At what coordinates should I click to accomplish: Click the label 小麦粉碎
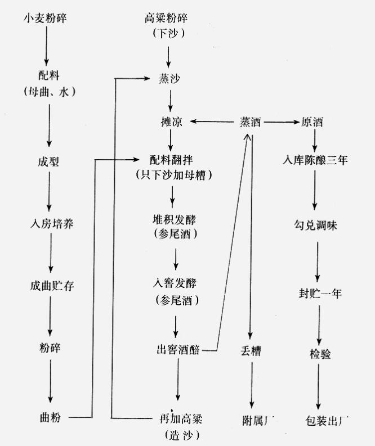(x=44, y=18)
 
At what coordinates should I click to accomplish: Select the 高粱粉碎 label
(x=167, y=18)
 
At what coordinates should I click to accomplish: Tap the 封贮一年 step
(x=319, y=294)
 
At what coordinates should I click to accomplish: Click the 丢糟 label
(x=250, y=352)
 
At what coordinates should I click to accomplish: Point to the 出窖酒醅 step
(x=178, y=350)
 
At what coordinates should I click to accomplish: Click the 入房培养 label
(x=51, y=224)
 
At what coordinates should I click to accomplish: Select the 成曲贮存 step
(x=51, y=286)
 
